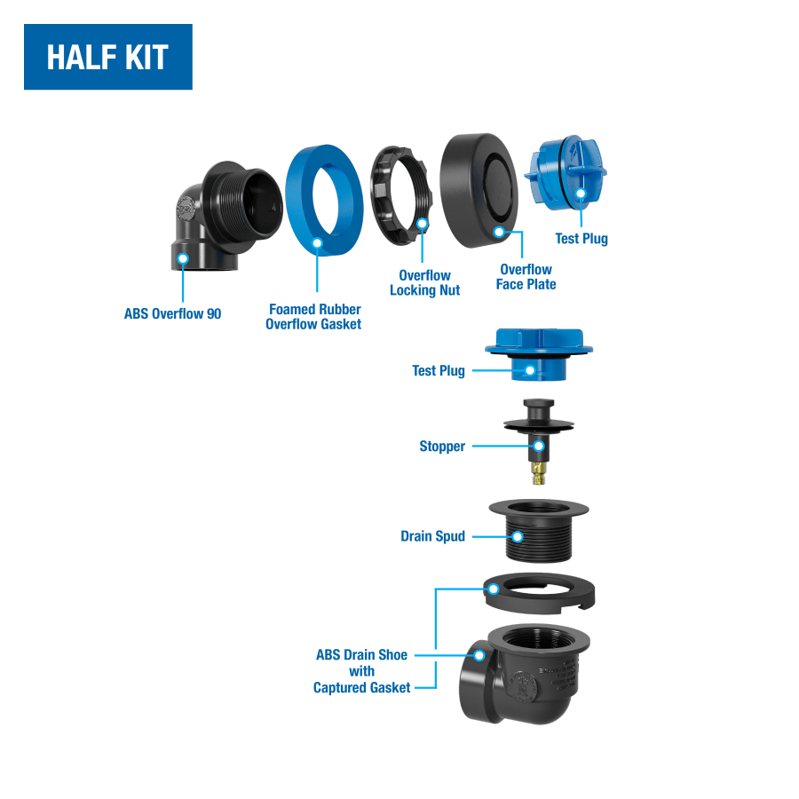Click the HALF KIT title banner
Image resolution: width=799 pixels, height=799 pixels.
(x=108, y=57)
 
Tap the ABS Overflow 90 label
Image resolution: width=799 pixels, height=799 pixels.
(x=173, y=313)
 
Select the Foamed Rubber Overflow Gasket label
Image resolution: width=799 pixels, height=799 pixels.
(x=313, y=316)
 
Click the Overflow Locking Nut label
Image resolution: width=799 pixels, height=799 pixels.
(x=425, y=282)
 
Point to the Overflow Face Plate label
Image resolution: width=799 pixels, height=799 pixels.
(x=526, y=277)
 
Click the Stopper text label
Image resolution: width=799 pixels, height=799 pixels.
(x=442, y=446)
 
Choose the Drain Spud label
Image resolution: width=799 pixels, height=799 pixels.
(x=432, y=536)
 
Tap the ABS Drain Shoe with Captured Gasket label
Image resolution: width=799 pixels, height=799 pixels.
(x=362, y=671)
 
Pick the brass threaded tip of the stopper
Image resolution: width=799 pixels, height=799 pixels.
(x=538, y=474)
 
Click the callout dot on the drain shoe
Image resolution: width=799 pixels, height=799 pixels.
(x=479, y=655)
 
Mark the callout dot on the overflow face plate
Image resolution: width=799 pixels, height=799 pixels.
(x=499, y=233)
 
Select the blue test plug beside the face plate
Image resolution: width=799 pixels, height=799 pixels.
(x=566, y=173)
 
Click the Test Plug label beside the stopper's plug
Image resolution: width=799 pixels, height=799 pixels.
(x=439, y=370)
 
